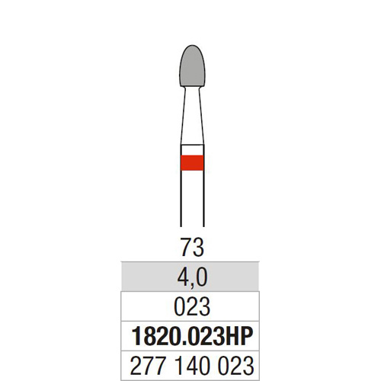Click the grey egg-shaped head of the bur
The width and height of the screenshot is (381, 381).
[192, 66]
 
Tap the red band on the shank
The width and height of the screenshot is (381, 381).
[192, 162]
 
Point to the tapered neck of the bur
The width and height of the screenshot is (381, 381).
[192, 116]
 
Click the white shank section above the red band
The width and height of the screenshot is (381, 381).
[192, 150]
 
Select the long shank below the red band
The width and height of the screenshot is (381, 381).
[192, 198]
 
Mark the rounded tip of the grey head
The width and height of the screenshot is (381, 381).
[192, 46]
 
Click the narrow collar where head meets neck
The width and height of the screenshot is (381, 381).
[192, 88]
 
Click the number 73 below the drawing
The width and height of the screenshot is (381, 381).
[192, 247]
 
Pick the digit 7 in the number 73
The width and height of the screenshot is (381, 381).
[186, 247]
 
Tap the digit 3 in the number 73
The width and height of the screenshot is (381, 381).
[198, 247]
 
